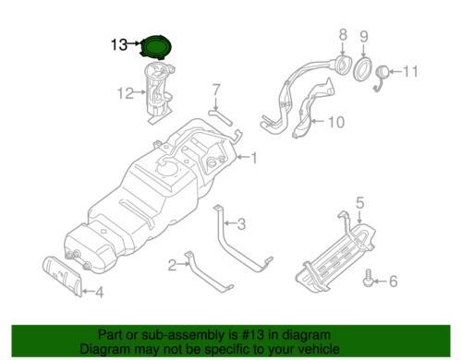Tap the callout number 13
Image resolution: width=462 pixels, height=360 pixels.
coord(119,44)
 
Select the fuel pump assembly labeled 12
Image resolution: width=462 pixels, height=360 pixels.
coord(158,92)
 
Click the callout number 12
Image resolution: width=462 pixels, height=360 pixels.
coord(126,93)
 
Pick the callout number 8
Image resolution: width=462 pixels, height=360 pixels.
coord(343,34)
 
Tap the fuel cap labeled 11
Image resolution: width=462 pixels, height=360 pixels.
coord(383,73)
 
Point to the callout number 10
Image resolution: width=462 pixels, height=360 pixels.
coord(336,122)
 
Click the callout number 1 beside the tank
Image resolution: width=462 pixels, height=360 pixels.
coord(253,158)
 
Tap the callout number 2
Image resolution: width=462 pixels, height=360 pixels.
coord(172,265)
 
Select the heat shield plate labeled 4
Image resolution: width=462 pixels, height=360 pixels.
coord(62,275)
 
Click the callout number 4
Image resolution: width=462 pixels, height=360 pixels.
coord(99,293)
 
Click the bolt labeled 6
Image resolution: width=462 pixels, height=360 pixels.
coord(367,278)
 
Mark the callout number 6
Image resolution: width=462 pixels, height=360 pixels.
coord(394,281)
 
